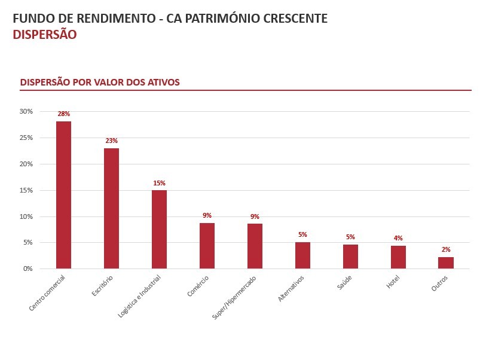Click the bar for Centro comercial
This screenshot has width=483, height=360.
[x=63, y=195]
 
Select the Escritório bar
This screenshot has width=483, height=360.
[x=111, y=208]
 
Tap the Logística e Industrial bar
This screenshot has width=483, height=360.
[x=159, y=229]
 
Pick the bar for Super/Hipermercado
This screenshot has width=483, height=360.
[x=255, y=246]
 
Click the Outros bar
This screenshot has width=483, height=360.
[x=446, y=263]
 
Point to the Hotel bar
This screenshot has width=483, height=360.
[x=398, y=257]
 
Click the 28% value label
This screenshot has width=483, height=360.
[x=63, y=114]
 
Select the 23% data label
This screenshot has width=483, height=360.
[x=111, y=141]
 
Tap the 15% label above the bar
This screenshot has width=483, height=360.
[x=159, y=183]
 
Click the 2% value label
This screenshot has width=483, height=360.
[x=446, y=249]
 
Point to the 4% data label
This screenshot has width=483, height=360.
[x=398, y=238]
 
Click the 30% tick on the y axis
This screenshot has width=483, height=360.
[x=26, y=111]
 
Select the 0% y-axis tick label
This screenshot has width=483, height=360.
[x=28, y=269]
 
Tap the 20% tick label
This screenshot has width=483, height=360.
[x=26, y=164]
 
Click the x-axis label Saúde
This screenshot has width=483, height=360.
[x=344, y=282]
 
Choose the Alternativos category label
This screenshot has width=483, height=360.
[x=292, y=288]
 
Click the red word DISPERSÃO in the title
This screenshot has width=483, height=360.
[x=44, y=35]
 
